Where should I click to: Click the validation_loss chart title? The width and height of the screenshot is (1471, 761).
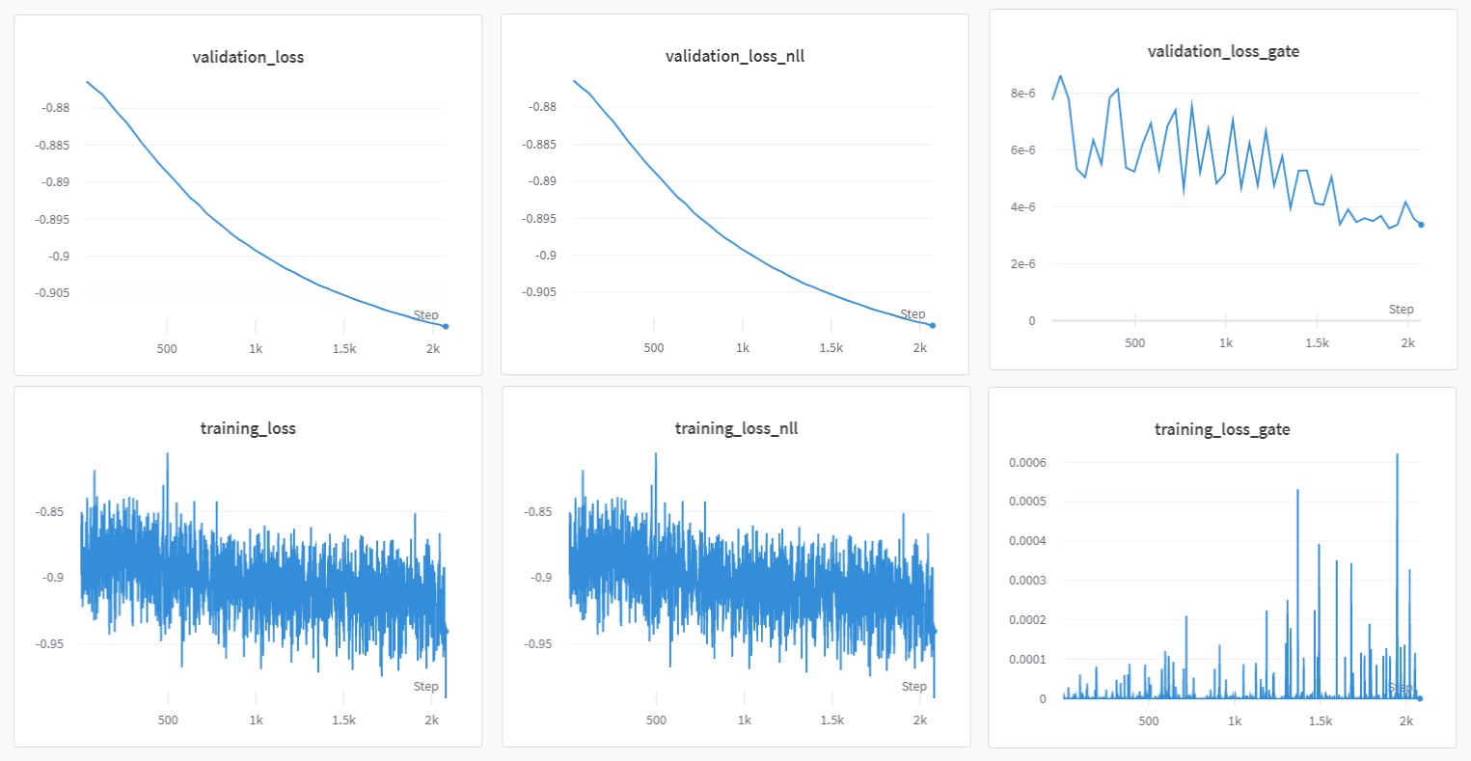[x=248, y=57]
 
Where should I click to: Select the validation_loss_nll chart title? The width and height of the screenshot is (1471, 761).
[x=735, y=56]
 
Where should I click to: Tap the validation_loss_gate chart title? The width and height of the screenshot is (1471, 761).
[x=1223, y=51]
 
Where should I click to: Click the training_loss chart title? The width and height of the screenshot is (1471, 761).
[x=248, y=428]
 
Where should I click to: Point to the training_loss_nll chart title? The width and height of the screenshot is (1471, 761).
[x=736, y=428]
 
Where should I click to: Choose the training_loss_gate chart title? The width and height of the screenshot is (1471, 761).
[x=1222, y=429]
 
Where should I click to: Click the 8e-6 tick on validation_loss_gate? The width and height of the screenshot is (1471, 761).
[x=1022, y=94]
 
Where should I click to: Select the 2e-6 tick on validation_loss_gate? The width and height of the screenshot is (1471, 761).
[x=1022, y=263]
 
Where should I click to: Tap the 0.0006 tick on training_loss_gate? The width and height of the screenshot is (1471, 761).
[x=1027, y=462]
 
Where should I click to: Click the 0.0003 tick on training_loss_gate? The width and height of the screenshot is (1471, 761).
[x=1027, y=581]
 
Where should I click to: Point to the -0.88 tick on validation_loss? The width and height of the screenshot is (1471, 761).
[x=56, y=107]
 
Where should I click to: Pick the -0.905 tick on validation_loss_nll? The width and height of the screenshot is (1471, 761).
[x=540, y=292]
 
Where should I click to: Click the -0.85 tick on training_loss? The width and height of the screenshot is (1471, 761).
[x=50, y=511]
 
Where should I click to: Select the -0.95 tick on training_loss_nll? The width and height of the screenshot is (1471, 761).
[x=538, y=643]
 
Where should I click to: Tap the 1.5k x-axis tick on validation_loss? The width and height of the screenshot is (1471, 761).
[x=344, y=349]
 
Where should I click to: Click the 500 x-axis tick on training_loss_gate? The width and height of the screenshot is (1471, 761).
[x=1148, y=721]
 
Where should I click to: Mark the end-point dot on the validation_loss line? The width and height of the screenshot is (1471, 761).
[x=446, y=326]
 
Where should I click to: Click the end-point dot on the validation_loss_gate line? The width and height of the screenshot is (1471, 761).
[x=1421, y=225]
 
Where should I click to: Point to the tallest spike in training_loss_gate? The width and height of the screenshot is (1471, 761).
[x=1397, y=455]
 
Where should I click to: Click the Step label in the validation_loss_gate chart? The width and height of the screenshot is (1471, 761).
[x=1401, y=309]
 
